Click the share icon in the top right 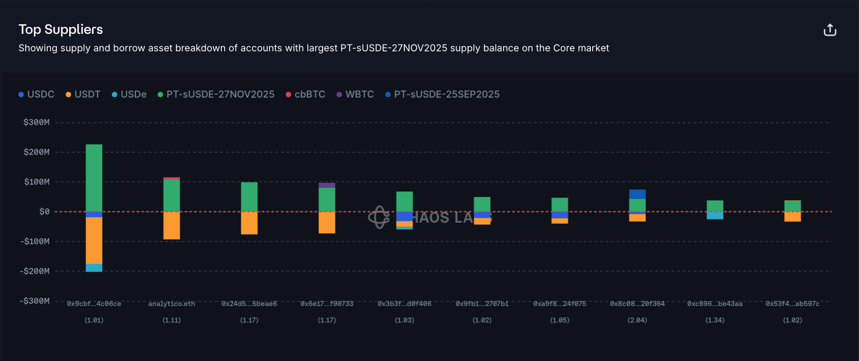[830, 30]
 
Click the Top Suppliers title [61, 29]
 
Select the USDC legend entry [36, 94]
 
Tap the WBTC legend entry [355, 94]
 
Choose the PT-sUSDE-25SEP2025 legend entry [442, 94]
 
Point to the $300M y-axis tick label [37, 122]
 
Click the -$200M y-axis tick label [35, 271]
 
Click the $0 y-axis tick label [44, 212]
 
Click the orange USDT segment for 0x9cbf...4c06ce [94, 241]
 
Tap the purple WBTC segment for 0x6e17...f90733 [327, 185]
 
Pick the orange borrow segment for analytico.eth [171, 225]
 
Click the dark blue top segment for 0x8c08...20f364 [637, 194]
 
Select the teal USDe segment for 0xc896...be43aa [715, 215]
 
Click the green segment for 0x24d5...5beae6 [249, 197]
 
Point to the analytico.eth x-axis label [171, 304]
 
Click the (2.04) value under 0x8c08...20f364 [637, 320]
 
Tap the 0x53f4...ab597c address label [792, 304]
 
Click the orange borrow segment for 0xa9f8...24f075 [560, 221]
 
